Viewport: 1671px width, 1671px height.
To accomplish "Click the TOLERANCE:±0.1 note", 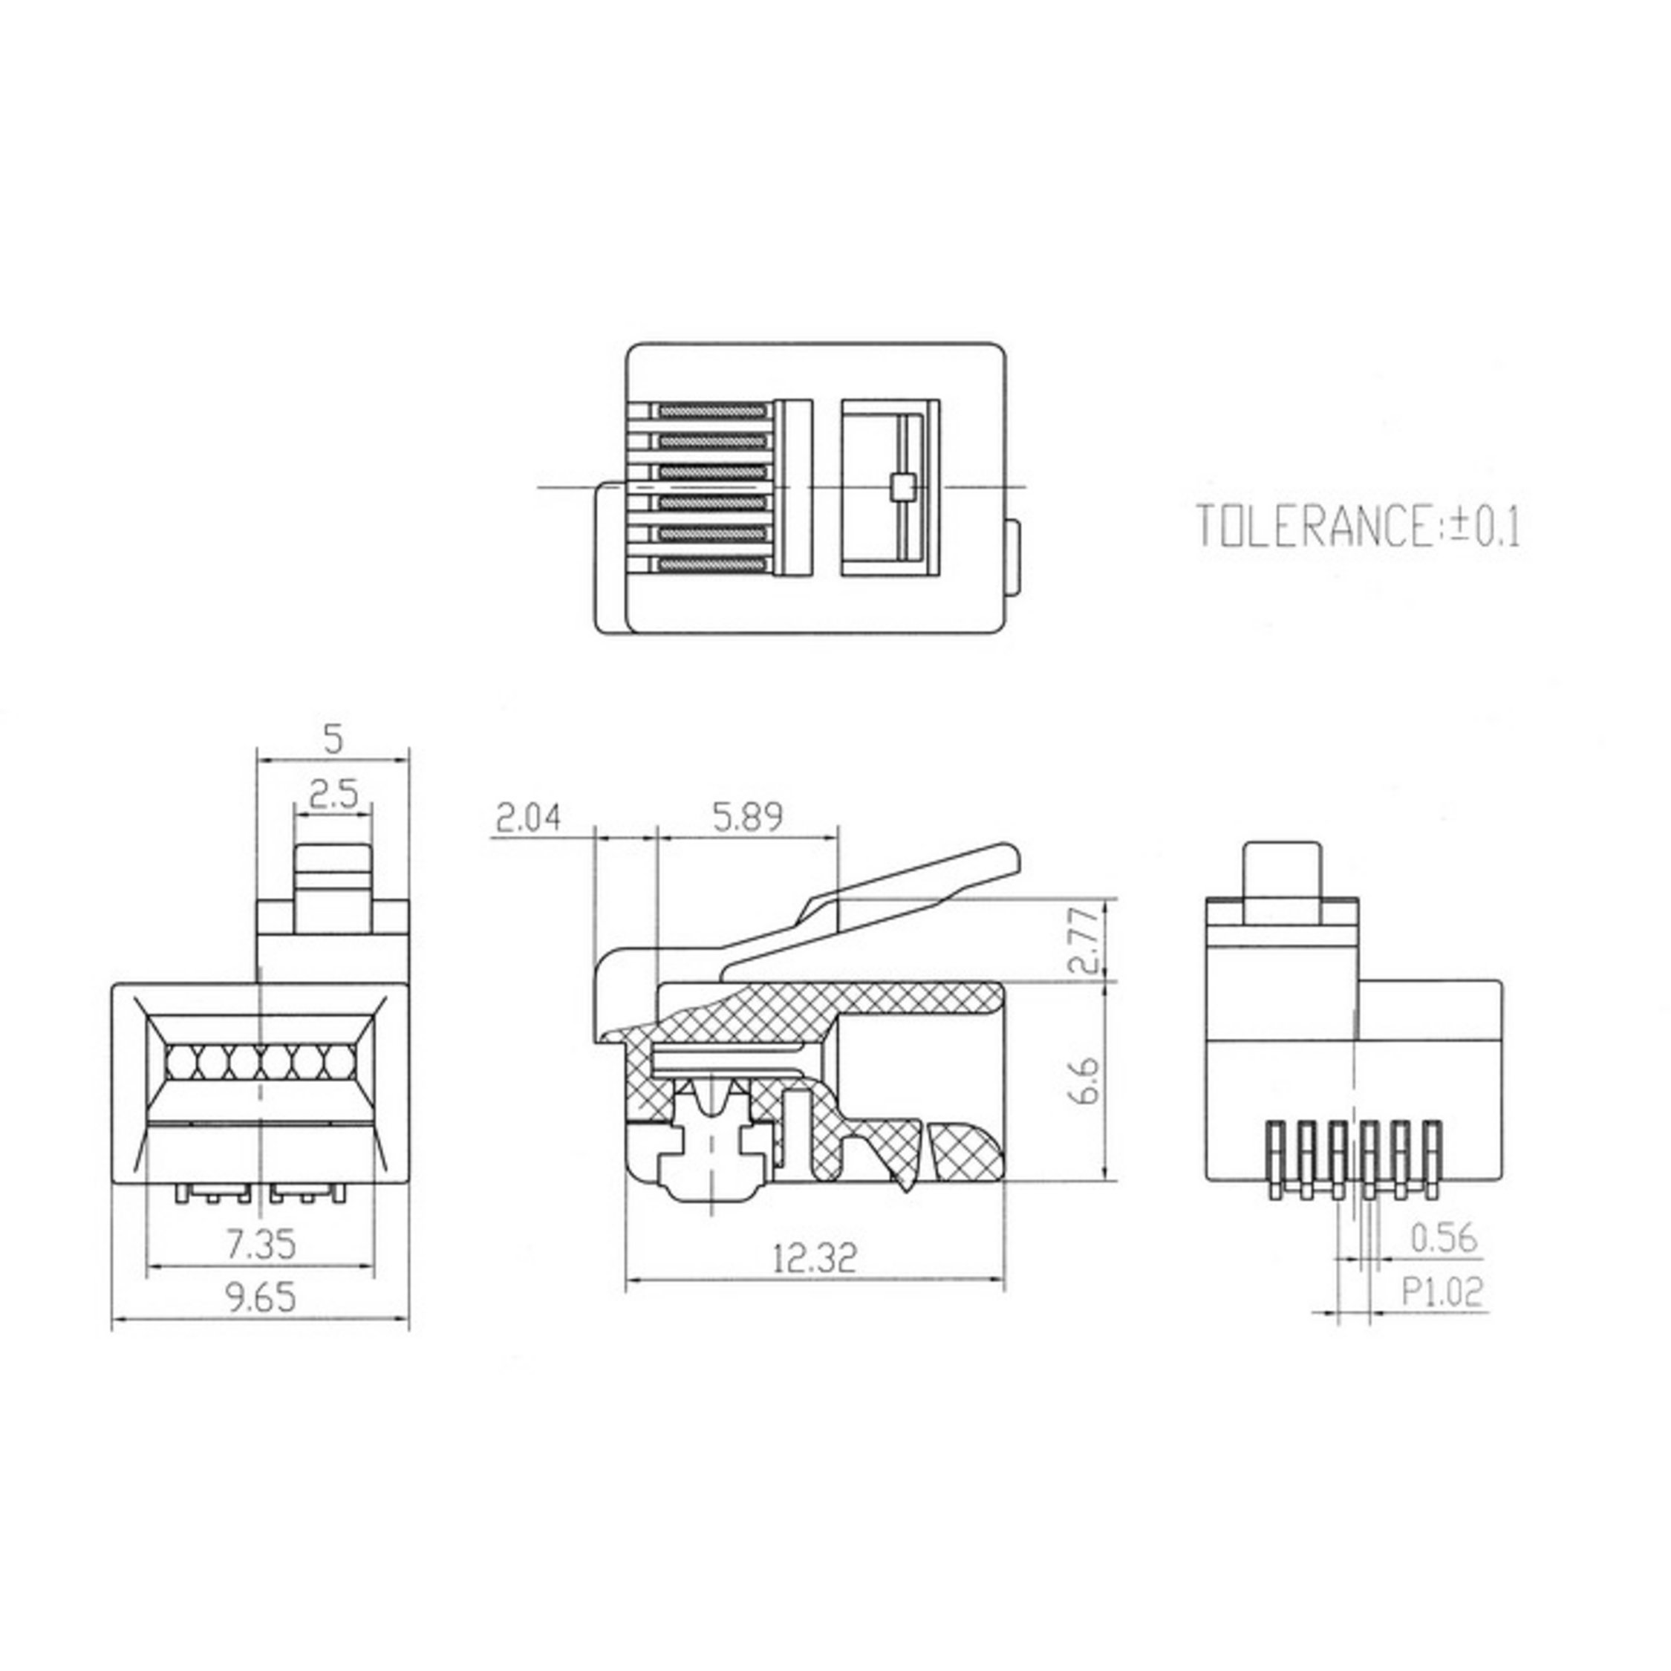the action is [x=1357, y=526].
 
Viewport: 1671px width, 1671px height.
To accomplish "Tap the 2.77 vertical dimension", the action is [x=1087, y=940].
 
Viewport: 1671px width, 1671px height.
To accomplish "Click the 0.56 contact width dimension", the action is [x=1444, y=1239].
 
